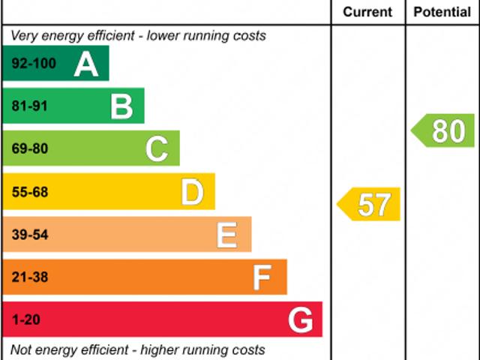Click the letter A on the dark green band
coord(87,64)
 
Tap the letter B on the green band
coord(121,106)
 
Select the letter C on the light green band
coord(157,149)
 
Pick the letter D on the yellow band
coord(193,193)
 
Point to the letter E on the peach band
coord(227,235)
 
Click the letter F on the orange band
coord(262,278)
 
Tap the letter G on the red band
coord(301,321)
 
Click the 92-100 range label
coord(34,64)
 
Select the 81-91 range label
coord(29,106)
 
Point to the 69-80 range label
coord(29,149)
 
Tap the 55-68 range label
coord(29,193)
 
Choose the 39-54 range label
coord(29,235)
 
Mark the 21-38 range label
coord(29,277)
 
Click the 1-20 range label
coord(25,320)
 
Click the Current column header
coord(367,12)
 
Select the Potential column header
coord(442,12)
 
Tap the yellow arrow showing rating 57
coord(370,204)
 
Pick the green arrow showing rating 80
coord(444,130)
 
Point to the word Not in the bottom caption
coord(22,349)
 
